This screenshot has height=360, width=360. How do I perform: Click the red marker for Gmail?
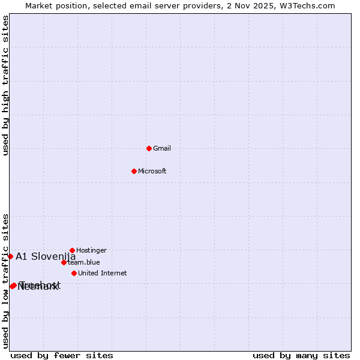click(x=149, y=148)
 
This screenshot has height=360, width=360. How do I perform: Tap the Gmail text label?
click(x=162, y=149)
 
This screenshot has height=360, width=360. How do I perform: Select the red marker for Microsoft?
click(x=134, y=171)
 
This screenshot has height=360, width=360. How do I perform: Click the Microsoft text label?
click(x=152, y=172)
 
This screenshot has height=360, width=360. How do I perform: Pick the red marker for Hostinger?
click(x=72, y=250)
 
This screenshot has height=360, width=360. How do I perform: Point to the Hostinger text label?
click(x=91, y=251)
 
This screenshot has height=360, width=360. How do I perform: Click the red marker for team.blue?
click(x=64, y=262)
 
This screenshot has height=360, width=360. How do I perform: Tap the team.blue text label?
click(x=83, y=262)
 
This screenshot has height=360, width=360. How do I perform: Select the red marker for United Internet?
click(x=74, y=273)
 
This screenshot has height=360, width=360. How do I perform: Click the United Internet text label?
click(x=102, y=274)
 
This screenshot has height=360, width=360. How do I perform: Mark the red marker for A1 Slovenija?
click(x=10, y=256)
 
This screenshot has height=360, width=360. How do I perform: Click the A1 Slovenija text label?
click(x=46, y=257)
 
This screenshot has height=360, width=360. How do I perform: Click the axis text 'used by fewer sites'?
click(x=62, y=356)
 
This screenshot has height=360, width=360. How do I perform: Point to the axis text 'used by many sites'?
click(x=301, y=356)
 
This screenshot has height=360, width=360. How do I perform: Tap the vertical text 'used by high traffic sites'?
click(x=5, y=85)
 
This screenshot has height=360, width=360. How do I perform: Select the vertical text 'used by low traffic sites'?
click(x=5, y=281)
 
